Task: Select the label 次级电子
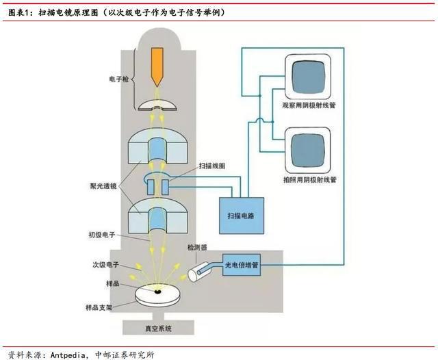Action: point(105,263)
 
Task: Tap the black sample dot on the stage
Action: point(158,292)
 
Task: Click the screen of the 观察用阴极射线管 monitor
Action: point(305,76)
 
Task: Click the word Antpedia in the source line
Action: point(69,353)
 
